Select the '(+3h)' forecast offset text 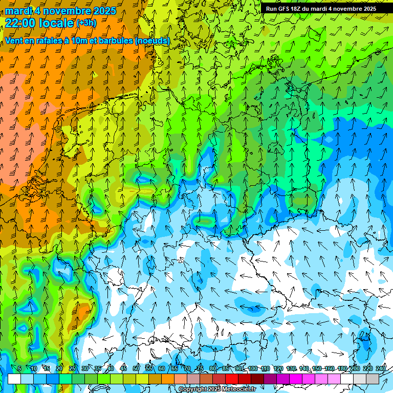(x=86, y=23)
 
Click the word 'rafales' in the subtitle (x=47, y=40)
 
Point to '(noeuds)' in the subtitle (x=152, y=40)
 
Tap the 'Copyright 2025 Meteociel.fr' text (x=217, y=389)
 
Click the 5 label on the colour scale (x=19, y=369)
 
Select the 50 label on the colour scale (x=136, y=369)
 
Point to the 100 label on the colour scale (x=253, y=369)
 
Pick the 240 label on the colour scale (x=381, y=369)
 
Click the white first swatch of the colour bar (x=14, y=379)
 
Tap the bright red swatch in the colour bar (x=232, y=379)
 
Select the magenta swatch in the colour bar (x=296, y=379)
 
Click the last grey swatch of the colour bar (x=373, y=379)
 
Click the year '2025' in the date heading (x=102, y=10)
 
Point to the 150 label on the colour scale (x=317, y=369)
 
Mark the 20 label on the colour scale (x=59, y=369)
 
